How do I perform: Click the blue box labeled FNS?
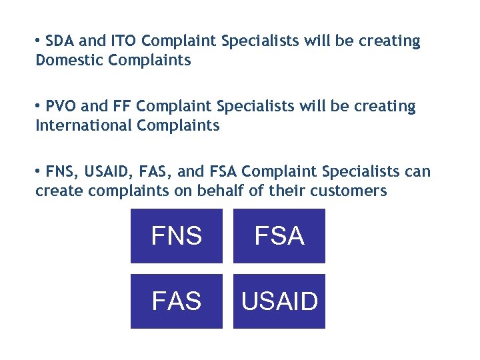(177, 236)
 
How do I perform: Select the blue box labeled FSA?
(279, 236)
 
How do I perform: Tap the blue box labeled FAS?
(177, 301)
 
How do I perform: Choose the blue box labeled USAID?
(279, 301)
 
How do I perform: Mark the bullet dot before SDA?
(39, 41)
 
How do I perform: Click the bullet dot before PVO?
(39, 107)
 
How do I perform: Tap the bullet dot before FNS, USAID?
(39, 172)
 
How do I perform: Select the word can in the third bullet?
(418, 172)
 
